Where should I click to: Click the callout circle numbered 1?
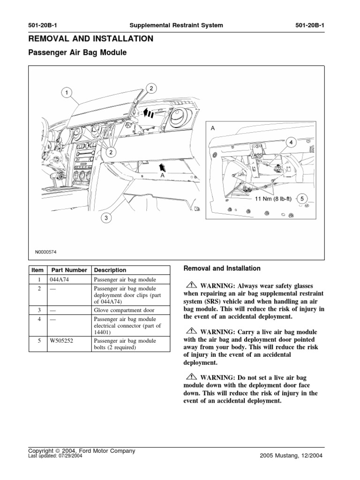(66, 93)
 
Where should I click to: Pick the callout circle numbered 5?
(302, 198)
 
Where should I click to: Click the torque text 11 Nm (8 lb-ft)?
(273, 199)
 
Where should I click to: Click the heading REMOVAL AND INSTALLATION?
(90, 39)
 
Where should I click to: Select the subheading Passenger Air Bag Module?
(78, 53)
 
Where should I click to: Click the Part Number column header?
(69, 270)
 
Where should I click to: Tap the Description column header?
(110, 270)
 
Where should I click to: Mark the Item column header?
(37, 270)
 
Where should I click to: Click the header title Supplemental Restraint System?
(177, 25)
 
